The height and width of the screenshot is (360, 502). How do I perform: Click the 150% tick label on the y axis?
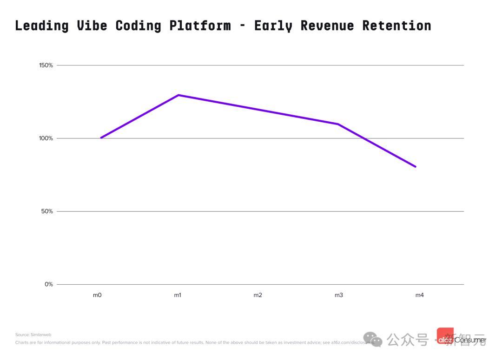click(46, 65)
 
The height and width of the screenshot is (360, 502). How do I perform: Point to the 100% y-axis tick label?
click(46, 138)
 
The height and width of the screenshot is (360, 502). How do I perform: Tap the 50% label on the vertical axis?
click(47, 211)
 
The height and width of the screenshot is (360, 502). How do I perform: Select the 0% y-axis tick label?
click(49, 284)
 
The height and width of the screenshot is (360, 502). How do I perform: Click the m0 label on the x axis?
click(97, 295)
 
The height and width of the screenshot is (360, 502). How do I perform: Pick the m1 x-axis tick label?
click(178, 295)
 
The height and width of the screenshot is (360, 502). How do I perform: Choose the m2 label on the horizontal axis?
click(258, 295)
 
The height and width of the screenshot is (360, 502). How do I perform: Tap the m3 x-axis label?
click(339, 295)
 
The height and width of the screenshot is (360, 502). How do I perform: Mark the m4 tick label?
click(419, 295)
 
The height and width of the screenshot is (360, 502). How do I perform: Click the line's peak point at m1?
click(178, 95)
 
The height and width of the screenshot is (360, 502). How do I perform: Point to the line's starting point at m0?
click(101, 138)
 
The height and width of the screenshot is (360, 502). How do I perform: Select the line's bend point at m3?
click(338, 124)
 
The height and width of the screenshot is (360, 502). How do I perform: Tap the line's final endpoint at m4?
click(416, 166)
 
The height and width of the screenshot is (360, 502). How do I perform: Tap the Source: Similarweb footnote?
click(33, 334)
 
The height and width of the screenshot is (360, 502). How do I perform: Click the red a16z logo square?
click(445, 336)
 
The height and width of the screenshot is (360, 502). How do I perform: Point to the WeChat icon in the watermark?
click(373, 340)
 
